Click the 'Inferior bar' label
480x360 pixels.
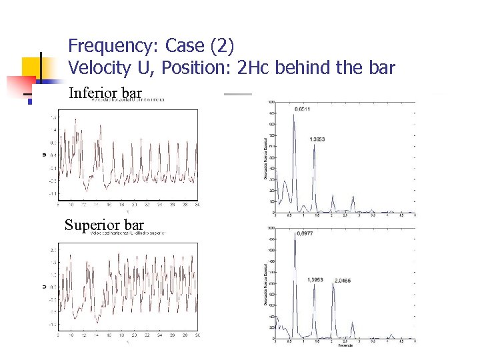click(x=105, y=92)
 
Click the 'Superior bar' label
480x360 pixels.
click(x=104, y=225)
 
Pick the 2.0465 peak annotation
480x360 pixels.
click(x=344, y=280)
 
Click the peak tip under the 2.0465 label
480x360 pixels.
click(x=333, y=285)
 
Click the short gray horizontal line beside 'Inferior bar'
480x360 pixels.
click(x=237, y=94)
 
